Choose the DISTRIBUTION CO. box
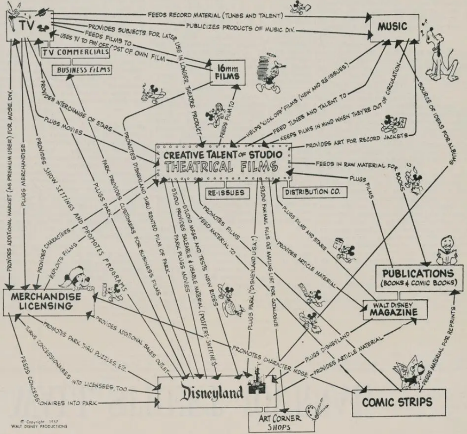click(x=304, y=191)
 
